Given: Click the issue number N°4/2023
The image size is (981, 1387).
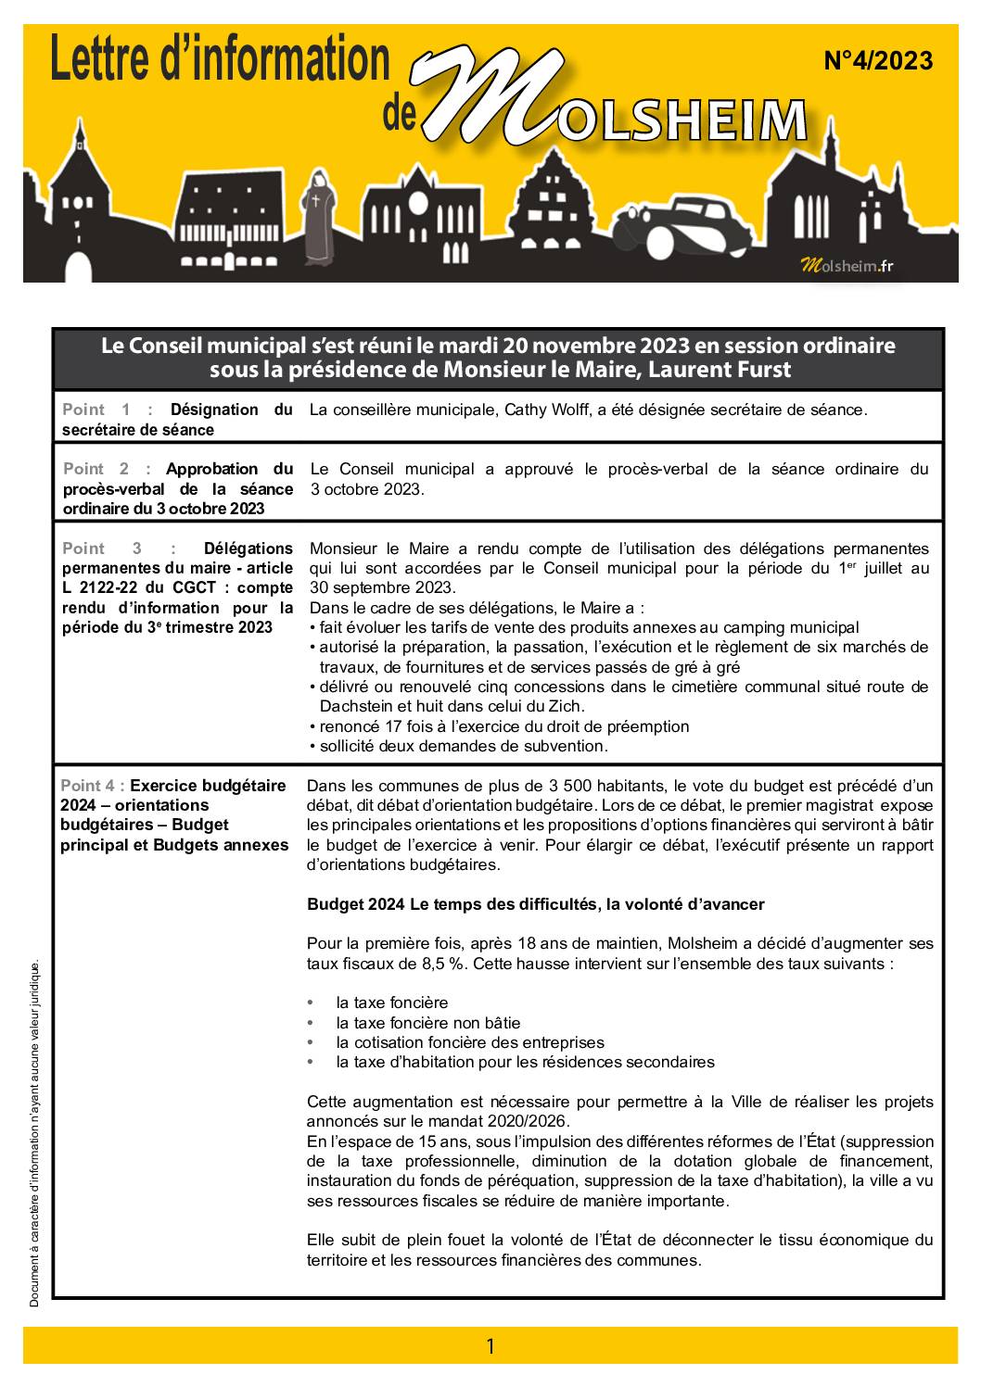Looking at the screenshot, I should pos(877,62).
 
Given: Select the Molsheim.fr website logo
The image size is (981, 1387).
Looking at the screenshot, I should pos(847,266).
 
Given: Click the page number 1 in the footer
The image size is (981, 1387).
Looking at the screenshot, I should pos(490,1346).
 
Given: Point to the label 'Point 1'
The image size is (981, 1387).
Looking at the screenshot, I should pos(96,410).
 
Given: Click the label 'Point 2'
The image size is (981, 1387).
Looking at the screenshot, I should pos(96,469).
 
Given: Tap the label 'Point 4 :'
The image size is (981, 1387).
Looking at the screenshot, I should pos(93,786).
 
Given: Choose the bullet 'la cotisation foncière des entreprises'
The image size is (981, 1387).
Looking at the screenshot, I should pos(469,1042).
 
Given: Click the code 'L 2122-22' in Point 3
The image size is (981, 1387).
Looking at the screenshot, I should pos(97,587).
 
